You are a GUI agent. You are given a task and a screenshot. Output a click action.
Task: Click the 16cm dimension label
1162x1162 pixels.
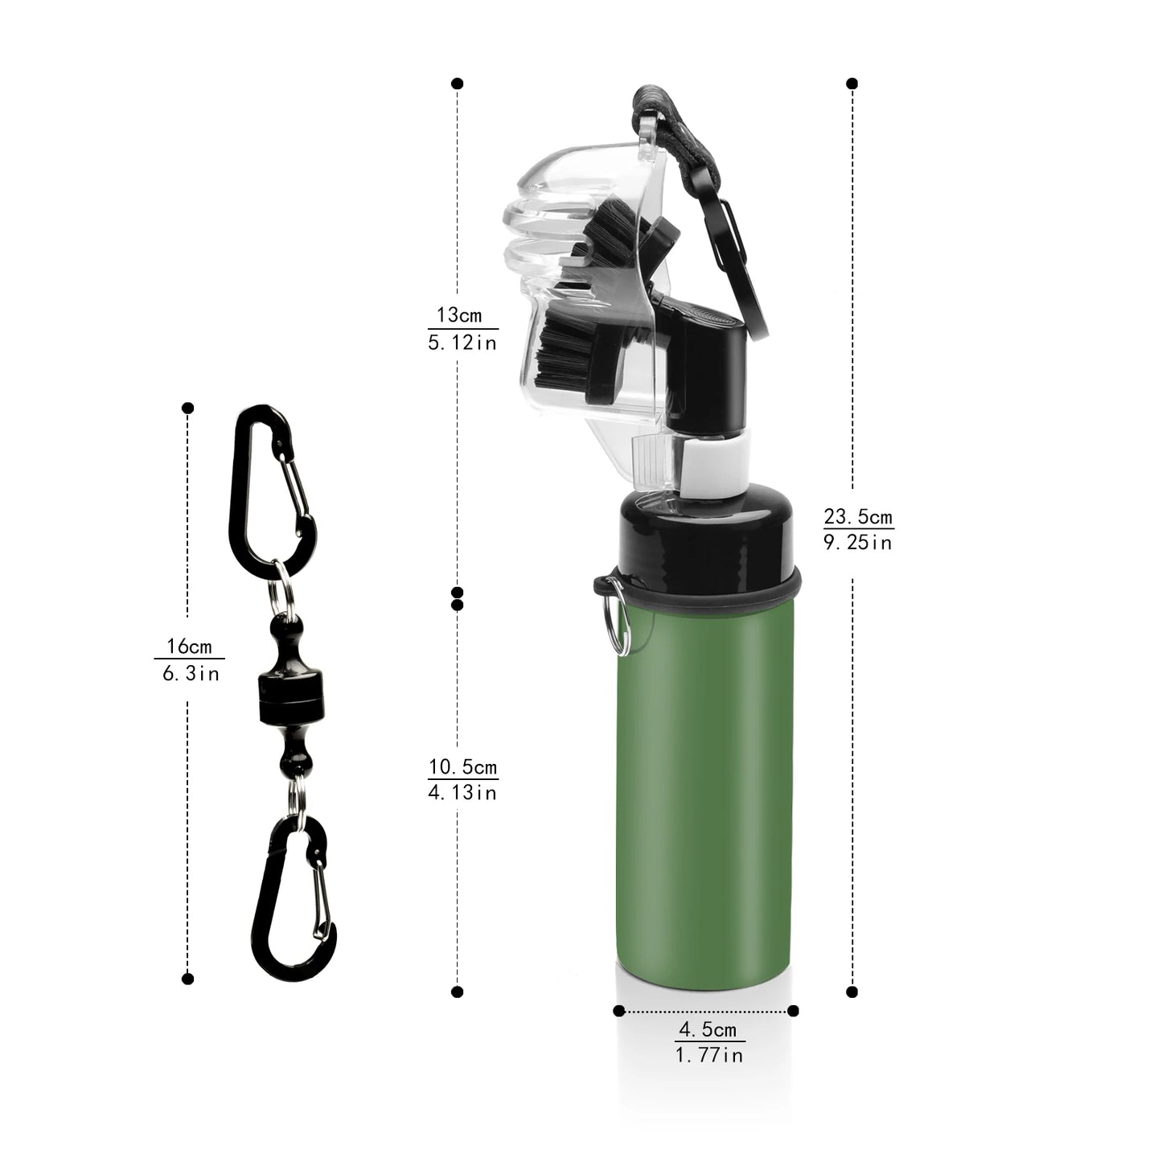click(x=189, y=646)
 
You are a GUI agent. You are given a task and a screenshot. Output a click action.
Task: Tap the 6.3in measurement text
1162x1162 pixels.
click(x=191, y=673)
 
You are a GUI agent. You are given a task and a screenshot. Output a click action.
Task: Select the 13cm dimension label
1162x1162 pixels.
click(x=459, y=314)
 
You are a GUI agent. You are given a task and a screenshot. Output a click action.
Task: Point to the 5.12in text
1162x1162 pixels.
click(x=462, y=343)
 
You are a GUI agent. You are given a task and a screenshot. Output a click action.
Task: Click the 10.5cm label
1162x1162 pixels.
click(x=462, y=766)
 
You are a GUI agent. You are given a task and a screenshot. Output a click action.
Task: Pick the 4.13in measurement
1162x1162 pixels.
click(x=462, y=793)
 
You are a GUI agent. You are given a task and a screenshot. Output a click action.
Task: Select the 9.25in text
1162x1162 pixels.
click(x=858, y=543)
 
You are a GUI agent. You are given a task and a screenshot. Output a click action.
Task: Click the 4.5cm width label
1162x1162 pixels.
click(x=708, y=1029)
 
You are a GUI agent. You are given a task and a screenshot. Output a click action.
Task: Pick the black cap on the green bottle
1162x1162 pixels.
click(x=708, y=535)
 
